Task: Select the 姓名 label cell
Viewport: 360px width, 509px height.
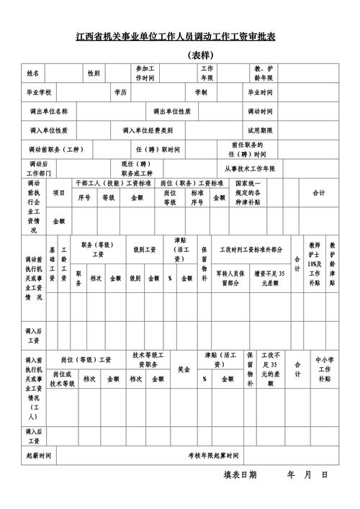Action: (35, 73)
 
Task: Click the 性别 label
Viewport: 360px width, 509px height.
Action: (94, 73)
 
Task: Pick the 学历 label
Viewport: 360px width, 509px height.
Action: (120, 93)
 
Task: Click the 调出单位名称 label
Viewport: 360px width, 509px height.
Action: (49, 112)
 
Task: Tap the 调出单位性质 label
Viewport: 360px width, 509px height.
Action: (171, 112)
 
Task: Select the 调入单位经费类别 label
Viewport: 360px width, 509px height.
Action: (148, 130)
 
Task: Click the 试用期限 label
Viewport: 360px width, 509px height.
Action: (260, 130)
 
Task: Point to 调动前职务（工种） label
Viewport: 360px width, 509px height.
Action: (56, 150)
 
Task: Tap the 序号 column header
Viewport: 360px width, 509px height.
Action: (84, 197)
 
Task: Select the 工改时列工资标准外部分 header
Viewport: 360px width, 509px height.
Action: (251, 250)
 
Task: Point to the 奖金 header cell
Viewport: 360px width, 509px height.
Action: (184, 369)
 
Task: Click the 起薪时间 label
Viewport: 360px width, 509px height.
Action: (39, 456)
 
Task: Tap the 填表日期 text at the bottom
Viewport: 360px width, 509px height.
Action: (240, 475)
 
